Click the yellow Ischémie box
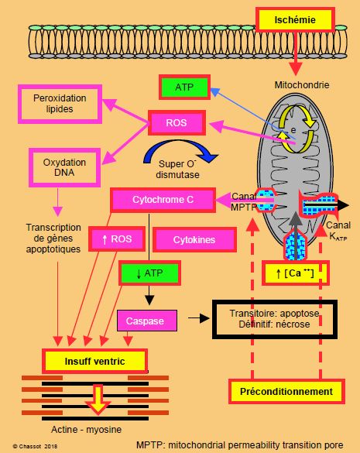point(295,19)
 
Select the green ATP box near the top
point(184,87)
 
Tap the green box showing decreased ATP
point(149,273)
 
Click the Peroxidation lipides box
point(60,104)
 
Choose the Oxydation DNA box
point(64,167)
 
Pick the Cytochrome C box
point(163,200)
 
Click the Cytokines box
point(194,239)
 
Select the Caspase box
point(147,321)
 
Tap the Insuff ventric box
point(94,361)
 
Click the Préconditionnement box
point(286,392)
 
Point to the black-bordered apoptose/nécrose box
point(275,319)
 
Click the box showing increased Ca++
point(295,273)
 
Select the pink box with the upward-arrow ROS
point(117,239)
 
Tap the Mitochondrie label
point(302,85)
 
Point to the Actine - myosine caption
point(86,430)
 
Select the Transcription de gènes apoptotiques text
point(53,239)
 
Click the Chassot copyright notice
point(35,446)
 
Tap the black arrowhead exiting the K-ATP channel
point(343,205)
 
